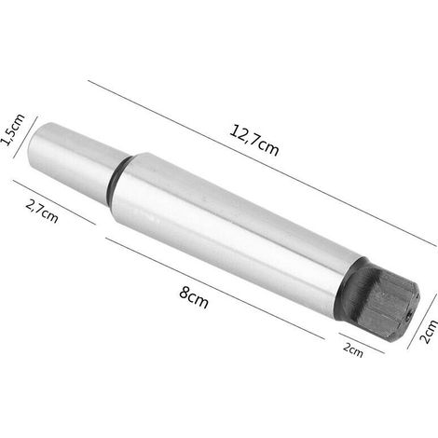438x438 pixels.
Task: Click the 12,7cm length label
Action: [254, 140]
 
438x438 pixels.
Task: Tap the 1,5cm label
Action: [12, 130]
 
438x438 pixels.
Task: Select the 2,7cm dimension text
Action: [42, 212]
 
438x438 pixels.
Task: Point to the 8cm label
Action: [194, 297]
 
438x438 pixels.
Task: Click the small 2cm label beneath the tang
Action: [353, 350]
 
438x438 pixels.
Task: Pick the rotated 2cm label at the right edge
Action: [429, 332]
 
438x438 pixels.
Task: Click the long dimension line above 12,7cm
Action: [262, 163]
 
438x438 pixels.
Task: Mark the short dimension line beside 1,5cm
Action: [25, 138]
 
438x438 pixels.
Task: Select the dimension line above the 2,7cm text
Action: [54, 202]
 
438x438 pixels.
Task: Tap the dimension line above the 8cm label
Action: [214, 288]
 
